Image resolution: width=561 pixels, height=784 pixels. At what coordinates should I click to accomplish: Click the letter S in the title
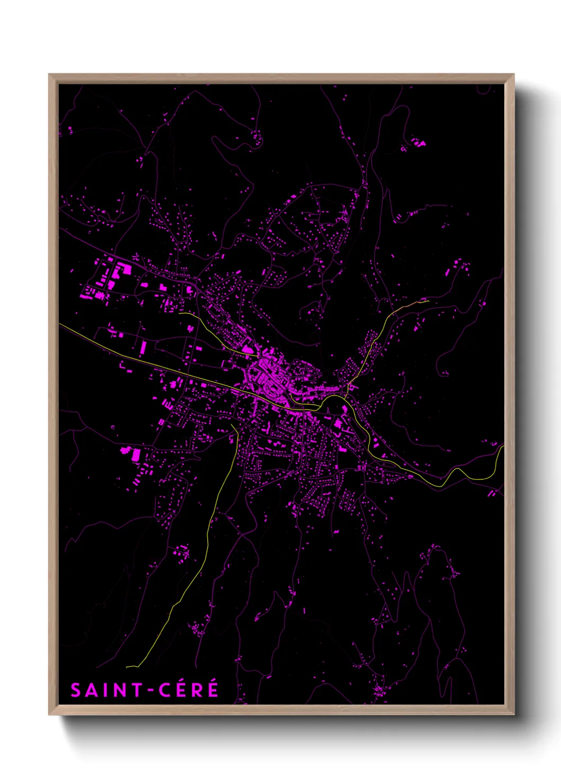point(76,690)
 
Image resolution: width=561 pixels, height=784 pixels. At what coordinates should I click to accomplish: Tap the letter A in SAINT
point(91,690)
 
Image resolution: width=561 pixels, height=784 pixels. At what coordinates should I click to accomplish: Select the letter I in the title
point(103,690)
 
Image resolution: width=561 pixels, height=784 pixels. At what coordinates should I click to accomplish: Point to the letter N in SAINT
point(117,690)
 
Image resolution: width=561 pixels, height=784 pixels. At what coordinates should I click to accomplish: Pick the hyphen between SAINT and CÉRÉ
point(150,691)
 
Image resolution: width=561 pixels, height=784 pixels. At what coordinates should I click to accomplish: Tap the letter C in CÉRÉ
point(165,690)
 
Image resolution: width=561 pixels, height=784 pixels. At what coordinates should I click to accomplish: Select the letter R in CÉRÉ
point(196,690)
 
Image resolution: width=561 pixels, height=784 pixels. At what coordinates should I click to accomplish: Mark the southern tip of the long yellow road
point(127,667)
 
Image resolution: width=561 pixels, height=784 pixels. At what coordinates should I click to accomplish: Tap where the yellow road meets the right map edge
point(503,447)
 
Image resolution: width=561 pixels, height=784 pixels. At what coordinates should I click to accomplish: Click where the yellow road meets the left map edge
point(59,324)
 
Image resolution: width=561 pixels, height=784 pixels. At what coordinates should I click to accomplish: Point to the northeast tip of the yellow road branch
point(427,301)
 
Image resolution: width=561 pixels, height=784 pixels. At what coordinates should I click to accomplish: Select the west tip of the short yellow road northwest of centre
point(180,313)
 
